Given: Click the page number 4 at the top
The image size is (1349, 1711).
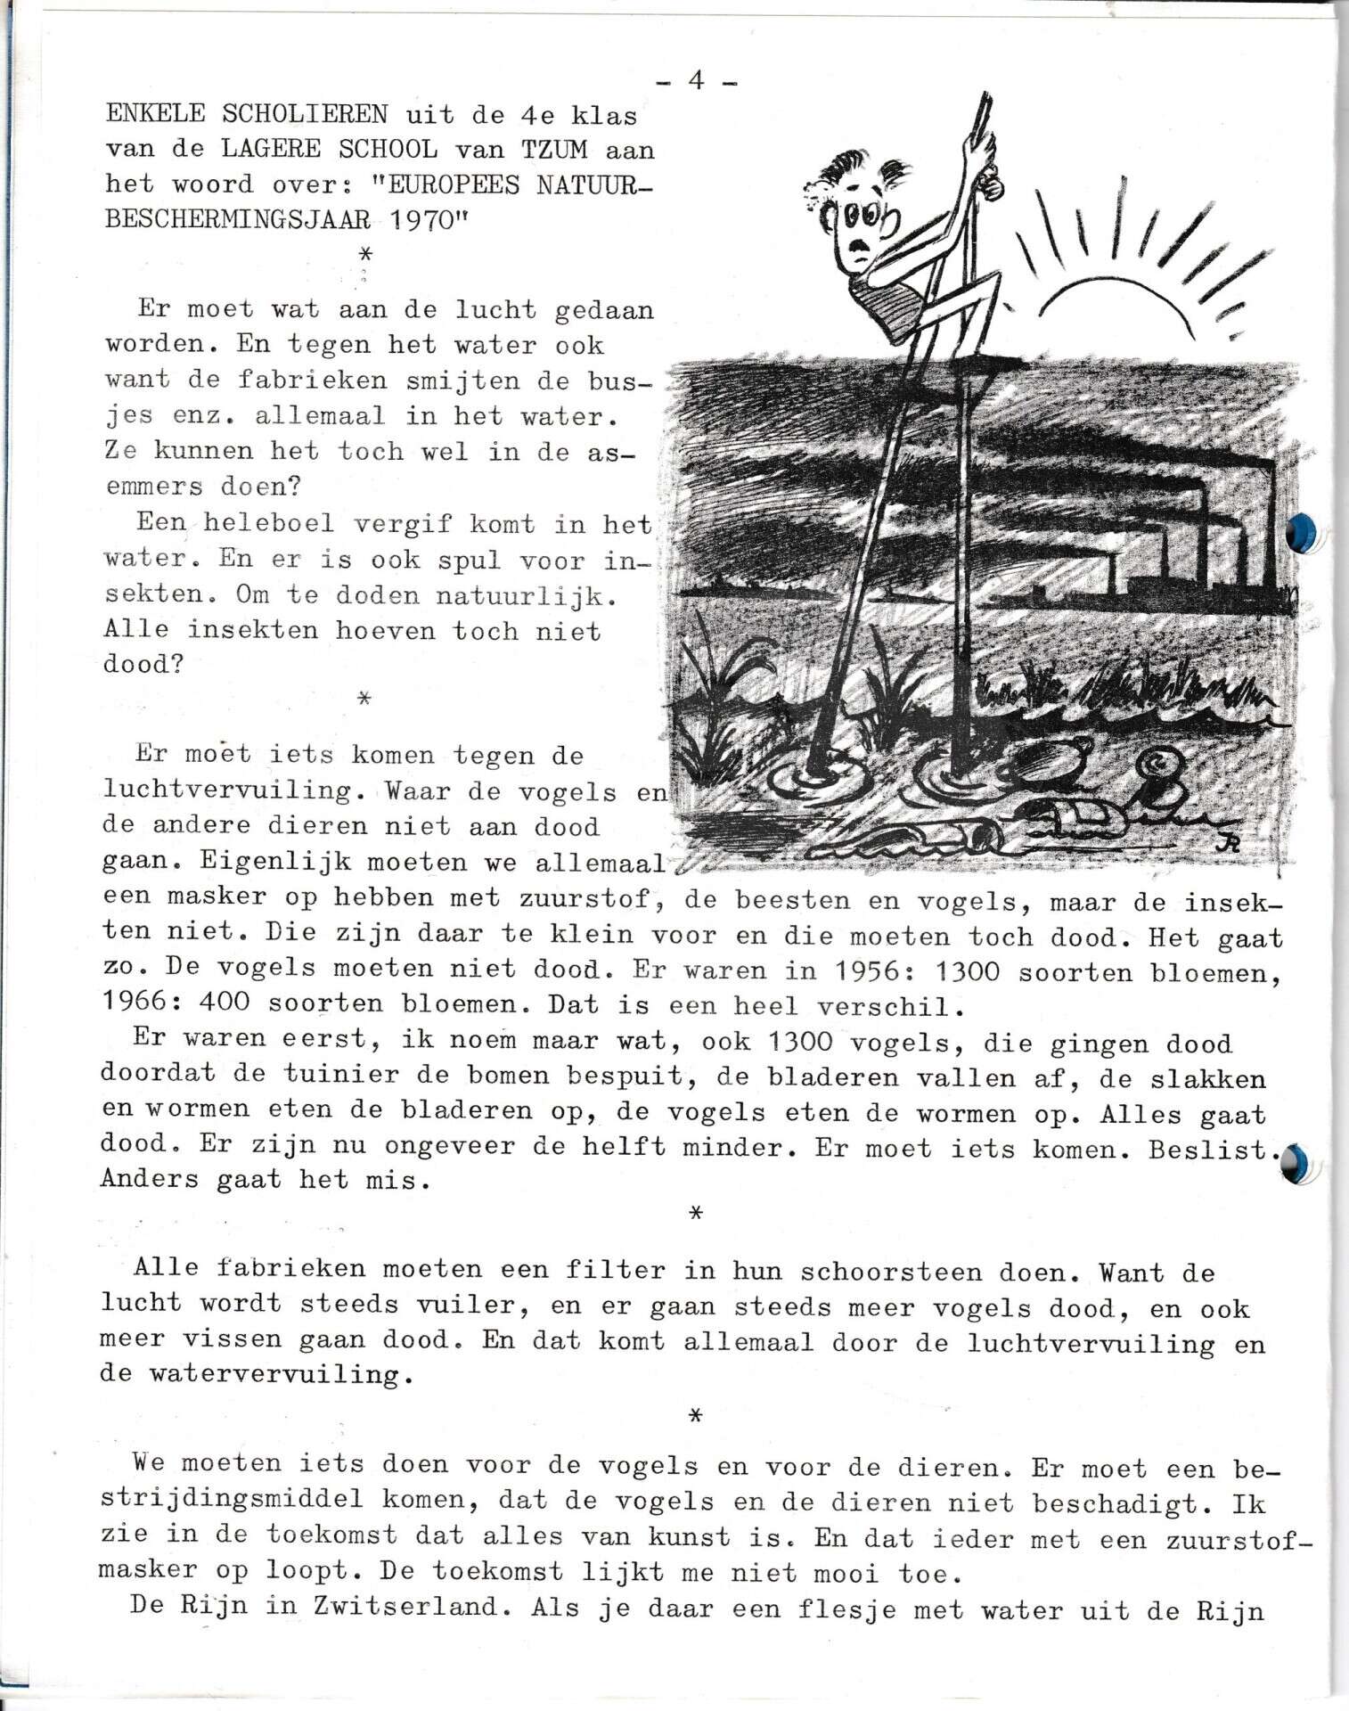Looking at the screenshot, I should (696, 81).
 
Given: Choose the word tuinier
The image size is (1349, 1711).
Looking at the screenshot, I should (339, 1076).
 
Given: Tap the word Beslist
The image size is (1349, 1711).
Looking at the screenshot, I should (1208, 1150).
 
